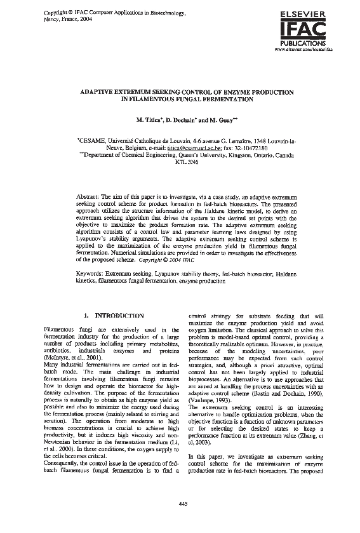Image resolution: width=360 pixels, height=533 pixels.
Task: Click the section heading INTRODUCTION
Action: tap(119, 315)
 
